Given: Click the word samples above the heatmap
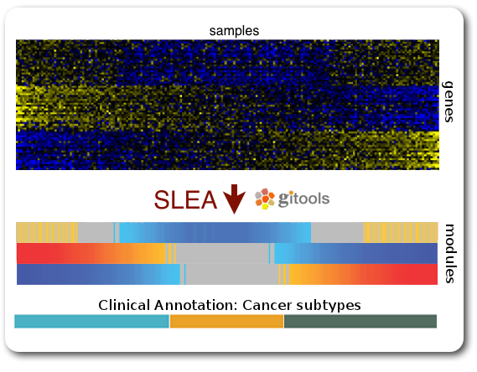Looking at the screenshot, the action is tap(234, 31).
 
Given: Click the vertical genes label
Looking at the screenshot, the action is tap(448, 102).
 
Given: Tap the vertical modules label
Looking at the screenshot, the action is tap(449, 254).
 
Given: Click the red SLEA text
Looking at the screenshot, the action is tap(185, 199).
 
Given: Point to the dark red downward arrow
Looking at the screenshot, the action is tap(234, 199).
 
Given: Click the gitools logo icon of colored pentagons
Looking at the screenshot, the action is tap(265, 199).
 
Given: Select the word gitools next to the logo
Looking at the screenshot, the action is tap(303, 199).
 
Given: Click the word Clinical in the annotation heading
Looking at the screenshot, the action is tap(124, 305).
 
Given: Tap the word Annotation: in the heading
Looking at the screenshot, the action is tap(195, 305).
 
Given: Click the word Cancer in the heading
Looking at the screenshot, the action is tap(267, 305).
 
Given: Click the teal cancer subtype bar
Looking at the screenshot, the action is tap(91, 321).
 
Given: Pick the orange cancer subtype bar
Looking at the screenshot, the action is tap(226, 321).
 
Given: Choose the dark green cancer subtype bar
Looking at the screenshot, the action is tap(360, 321).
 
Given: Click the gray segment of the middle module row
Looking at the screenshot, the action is tap(222, 254).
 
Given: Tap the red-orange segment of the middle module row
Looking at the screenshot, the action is tap(91, 254).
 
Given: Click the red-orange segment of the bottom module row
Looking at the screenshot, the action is tap(363, 275).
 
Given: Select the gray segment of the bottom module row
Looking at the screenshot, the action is tap(232, 275).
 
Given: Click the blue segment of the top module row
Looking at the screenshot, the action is tap(215, 233).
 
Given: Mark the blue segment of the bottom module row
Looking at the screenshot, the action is tap(98, 275).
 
